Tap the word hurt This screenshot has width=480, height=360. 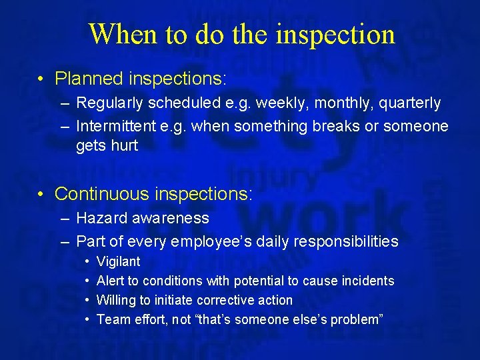pos(125,145)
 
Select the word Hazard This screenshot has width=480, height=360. pos(99,218)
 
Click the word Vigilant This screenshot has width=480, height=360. pos(118,262)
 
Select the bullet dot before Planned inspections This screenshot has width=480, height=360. pos(41,79)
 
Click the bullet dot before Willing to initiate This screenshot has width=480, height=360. pos(87,301)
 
